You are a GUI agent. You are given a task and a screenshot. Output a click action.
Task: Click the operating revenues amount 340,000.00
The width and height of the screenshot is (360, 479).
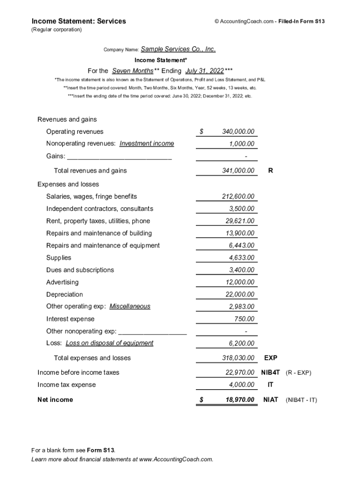(x=238, y=132)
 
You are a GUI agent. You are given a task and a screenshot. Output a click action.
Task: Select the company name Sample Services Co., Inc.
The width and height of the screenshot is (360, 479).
(x=178, y=49)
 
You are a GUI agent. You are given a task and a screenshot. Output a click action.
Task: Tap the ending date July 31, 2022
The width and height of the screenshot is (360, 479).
(x=204, y=71)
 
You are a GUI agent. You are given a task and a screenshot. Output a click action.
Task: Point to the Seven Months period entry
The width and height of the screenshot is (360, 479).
(x=132, y=71)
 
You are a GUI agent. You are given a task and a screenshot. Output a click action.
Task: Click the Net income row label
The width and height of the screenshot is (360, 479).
(x=55, y=399)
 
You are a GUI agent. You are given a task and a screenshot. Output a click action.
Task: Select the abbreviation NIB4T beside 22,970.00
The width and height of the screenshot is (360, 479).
(x=270, y=373)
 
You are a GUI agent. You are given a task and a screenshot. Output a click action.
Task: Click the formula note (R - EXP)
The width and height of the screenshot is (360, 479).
(x=298, y=373)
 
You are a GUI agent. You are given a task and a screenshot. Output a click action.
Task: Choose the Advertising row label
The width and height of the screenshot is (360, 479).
(x=62, y=282)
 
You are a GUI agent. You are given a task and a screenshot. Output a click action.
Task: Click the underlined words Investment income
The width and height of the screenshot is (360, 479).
(x=146, y=144)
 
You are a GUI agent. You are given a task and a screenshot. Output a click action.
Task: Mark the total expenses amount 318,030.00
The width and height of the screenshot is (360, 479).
(x=238, y=358)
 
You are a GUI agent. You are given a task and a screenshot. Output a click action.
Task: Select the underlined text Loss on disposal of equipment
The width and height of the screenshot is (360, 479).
(x=109, y=343)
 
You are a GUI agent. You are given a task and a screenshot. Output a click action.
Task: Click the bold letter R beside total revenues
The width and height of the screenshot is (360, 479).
(x=271, y=171)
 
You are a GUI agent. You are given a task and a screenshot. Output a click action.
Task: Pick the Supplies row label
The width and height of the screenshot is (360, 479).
(x=59, y=258)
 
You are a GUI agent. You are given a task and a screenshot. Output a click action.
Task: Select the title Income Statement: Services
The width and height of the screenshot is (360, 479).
(x=79, y=21)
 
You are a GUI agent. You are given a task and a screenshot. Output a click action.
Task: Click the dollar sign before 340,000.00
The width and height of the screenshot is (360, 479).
(x=202, y=132)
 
